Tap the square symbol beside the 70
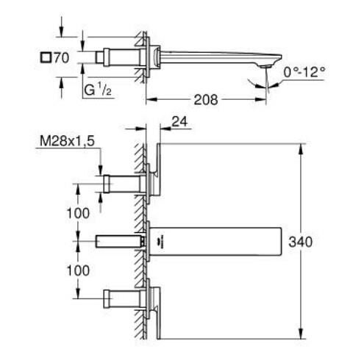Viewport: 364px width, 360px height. pyautogui.click(x=46, y=57)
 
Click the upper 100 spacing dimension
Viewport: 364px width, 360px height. pyautogui.click(x=77, y=213)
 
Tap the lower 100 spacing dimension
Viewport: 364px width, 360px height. pyautogui.click(x=77, y=270)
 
